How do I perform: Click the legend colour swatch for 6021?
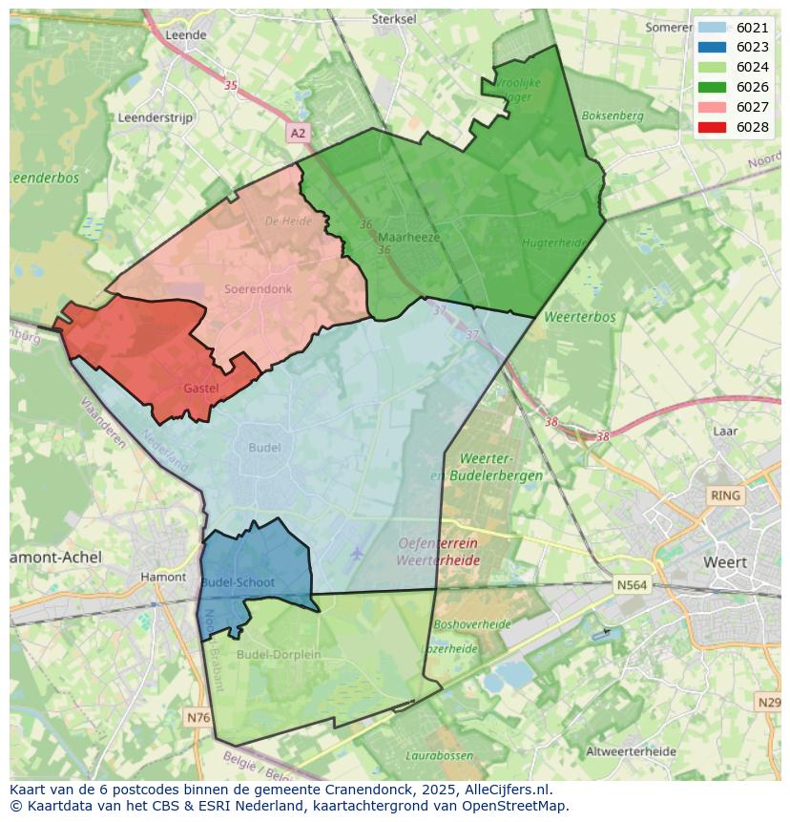coord(712,28)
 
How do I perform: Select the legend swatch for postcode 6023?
coord(712,48)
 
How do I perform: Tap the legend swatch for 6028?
coord(712,127)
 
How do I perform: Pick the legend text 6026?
coord(753,88)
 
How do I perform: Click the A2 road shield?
coord(299,134)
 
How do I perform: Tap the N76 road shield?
coord(198,717)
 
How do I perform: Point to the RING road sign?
coord(725,495)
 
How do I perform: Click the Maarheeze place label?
coord(409,238)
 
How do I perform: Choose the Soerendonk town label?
coord(258,288)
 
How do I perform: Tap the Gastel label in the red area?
coord(201,389)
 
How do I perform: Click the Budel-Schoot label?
coord(239,582)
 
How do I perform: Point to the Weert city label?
coord(725,562)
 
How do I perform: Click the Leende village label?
coord(186,34)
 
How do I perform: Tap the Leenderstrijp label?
coord(156,117)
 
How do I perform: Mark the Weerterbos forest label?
coord(579,317)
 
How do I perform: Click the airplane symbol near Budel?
coord(357,553)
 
